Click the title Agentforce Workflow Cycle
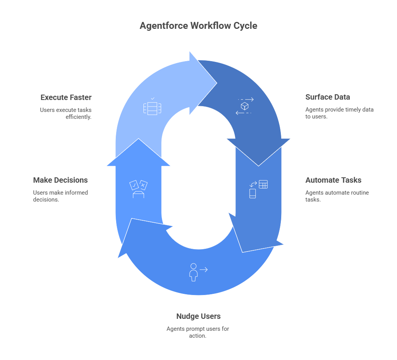[198, 26]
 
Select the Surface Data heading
[328, 97]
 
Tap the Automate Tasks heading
[333, 180]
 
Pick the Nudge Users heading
[198, 316]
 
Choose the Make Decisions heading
[60, 180]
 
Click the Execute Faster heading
[66, 97]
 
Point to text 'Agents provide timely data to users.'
[339, 113]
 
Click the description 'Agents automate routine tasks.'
[337, 196]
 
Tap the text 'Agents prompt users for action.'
[198, 332]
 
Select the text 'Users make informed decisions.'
[60, 196]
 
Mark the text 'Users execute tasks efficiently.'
[66, 113]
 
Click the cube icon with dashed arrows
[244, 106]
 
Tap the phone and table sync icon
[259, 189]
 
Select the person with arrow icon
[198, 272]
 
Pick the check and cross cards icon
[138, 189]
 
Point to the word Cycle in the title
[245, 26]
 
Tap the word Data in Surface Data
[342, 97]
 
